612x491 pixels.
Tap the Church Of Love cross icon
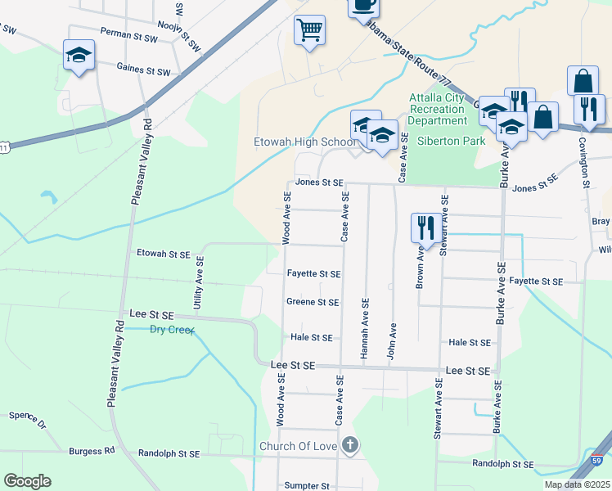coord(349,445)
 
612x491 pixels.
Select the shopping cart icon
coord(309,31)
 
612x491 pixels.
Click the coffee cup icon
coord(363,5)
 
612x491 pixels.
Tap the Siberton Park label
coord(451,140)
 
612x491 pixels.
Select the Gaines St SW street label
coord(143,70)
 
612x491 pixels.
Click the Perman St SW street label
coord(127,31)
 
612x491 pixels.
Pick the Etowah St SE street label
coord(163,254)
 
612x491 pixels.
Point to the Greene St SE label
coord(313,302)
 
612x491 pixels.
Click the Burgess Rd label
coord(92,451)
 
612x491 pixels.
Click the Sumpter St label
coord(307,485)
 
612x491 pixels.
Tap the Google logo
coord(27,481)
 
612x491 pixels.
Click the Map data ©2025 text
coord(577,484)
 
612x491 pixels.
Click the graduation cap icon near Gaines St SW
coord(79,56)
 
